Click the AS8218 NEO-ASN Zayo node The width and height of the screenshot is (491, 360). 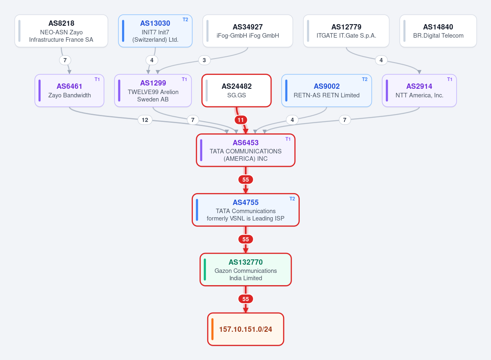point(61,31)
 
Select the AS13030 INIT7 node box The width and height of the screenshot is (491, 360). point(155,31)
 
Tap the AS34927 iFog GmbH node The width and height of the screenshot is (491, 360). point(248,31)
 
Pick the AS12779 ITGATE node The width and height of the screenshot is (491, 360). point(346,31)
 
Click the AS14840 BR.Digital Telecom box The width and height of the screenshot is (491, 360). point(438,31)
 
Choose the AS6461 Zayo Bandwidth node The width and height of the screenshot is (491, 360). point(69,90)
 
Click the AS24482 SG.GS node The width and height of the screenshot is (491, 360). point(236,90)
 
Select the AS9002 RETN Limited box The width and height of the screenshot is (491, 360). point(327,90)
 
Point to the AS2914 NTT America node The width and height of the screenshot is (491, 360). point(419,90)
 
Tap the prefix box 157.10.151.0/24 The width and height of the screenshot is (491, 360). point(246,329)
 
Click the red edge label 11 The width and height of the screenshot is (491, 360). point(240,120)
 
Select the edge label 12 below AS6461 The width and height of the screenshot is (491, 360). point(145,120)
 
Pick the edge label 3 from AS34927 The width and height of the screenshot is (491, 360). point(204,60)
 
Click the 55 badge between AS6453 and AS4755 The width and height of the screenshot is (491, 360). point(246,180)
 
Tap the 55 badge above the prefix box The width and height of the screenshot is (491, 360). point(246,299)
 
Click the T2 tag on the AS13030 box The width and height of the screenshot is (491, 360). point(186,20)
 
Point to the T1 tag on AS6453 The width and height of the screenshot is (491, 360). point(288,139)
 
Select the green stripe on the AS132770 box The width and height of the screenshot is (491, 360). point(205,269)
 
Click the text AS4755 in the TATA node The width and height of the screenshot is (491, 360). point(246,202)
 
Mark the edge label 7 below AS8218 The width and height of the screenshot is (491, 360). point(65,60)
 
